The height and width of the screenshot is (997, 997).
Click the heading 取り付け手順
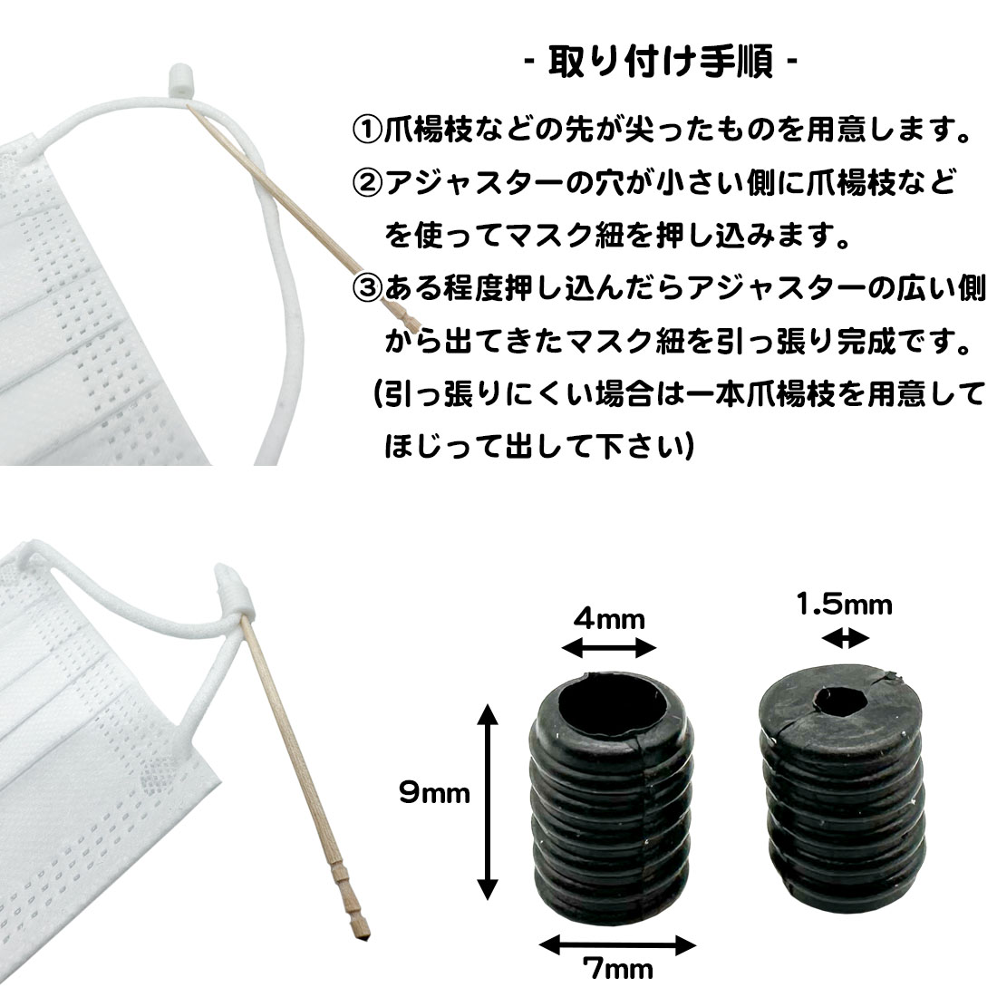tap(662, 62)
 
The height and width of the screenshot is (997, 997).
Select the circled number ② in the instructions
tap(367, 182)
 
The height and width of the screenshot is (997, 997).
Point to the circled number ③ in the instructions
tap(367, 288)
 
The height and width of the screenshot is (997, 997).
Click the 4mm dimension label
tap(609, 618)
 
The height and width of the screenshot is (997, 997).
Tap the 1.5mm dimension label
tap(845, 604)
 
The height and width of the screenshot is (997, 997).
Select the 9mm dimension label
tap(434, 792)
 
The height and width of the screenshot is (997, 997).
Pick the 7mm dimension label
tap(617, 969)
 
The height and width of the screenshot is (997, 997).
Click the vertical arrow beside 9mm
tap(487, 802)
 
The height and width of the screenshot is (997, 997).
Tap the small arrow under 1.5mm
tap(845, 638)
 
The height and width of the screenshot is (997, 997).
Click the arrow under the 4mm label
tap(609, 649)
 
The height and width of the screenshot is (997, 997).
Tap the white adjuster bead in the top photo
tap(179, 81)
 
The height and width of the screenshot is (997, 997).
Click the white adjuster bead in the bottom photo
tap(233, 594)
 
